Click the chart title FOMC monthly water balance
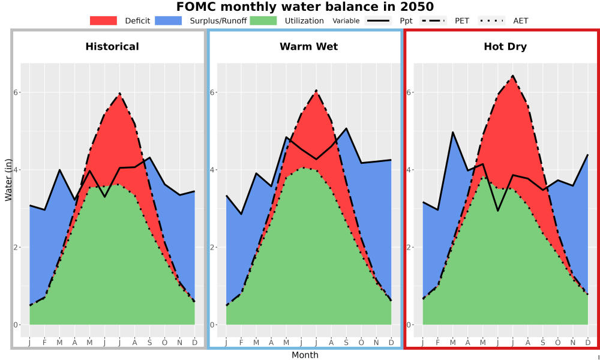pyautogui.click(x=305, y=7)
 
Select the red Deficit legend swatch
pyautogui.click(x=103, y=20)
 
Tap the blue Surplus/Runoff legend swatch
pyautogui.click(x=169, y=20)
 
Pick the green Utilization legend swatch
pyautogui.click(x=263, y=20)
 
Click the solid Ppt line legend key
pyautogui.click(x=378, y=20)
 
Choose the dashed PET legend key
pyautogui.click(x=433, y=20)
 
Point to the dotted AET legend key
pyautogui.click(x=492, y=20)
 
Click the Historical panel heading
pyautogui.click(x=112, y=47)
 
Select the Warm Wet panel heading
pyautogui.click(x=309, y=47)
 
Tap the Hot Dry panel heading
pyautogui.click(x=505, y=47)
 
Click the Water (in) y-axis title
pyautogui.click(x=8, y=180)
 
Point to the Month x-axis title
pyautogui.click(x=305, y=355)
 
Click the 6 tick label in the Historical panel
pyautogui.click(x=15, y=92)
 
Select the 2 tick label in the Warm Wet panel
pyautogui.click(x=212, y=247)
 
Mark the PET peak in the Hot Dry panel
pyautogui.click(x=513, y=76)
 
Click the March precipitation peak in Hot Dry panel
pyautogui.click(x=452, y=132)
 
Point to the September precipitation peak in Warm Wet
pyautogui.click(x=346, y=128)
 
